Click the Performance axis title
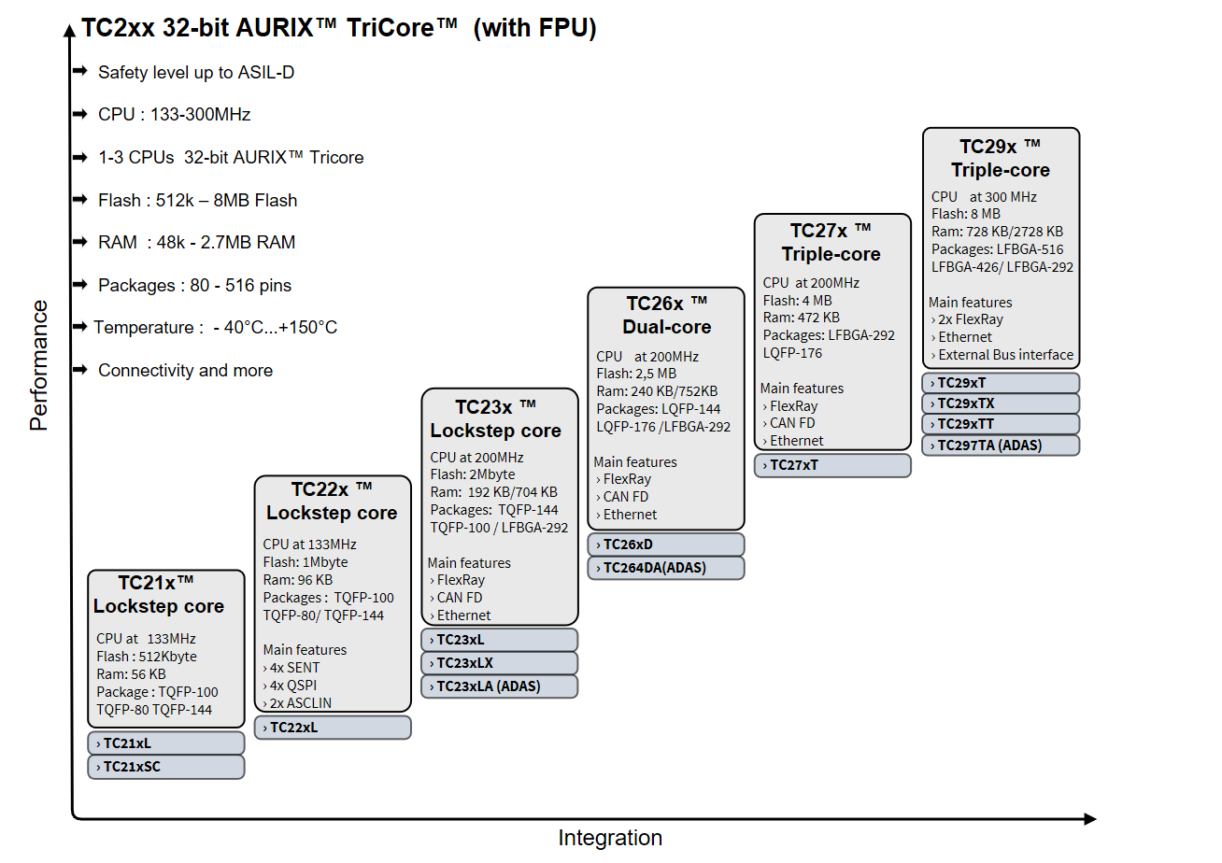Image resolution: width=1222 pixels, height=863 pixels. [38, 365]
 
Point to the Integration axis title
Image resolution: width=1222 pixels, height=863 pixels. [610, 838]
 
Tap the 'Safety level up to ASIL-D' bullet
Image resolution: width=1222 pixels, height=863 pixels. [196, 72]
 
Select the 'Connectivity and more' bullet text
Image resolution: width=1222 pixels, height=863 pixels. [185, 370]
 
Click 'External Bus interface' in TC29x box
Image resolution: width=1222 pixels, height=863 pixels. [1005, 355]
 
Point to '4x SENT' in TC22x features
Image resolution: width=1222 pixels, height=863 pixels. [294, 668]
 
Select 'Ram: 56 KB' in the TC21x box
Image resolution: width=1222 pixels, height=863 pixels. [131, 674]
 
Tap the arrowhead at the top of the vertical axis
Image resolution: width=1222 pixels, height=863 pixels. [70, 30]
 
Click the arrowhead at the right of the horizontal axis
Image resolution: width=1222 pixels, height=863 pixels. [1089, 819]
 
